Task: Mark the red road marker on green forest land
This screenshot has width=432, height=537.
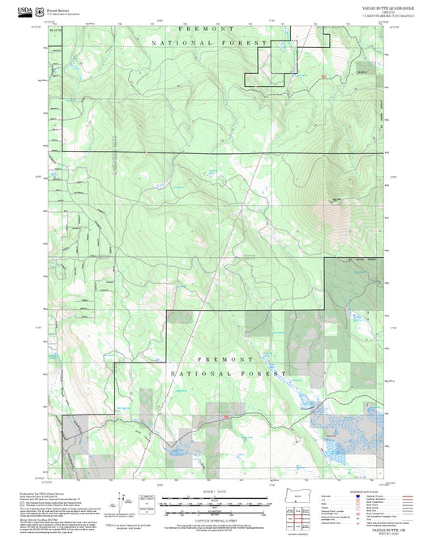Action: point(324,77)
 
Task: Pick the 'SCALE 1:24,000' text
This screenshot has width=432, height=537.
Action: point(216,492)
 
